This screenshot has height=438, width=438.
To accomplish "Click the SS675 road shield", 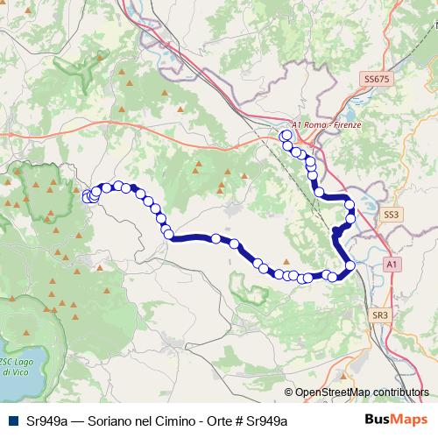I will (375, 79).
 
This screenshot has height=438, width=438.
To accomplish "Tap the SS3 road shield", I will (391, 214).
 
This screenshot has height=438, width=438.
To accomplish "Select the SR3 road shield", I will (379, 314).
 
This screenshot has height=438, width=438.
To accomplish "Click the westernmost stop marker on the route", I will (88, 197).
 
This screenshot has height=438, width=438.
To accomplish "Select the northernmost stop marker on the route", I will (285, 137).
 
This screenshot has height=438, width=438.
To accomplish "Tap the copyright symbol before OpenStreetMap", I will (289, 392).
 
